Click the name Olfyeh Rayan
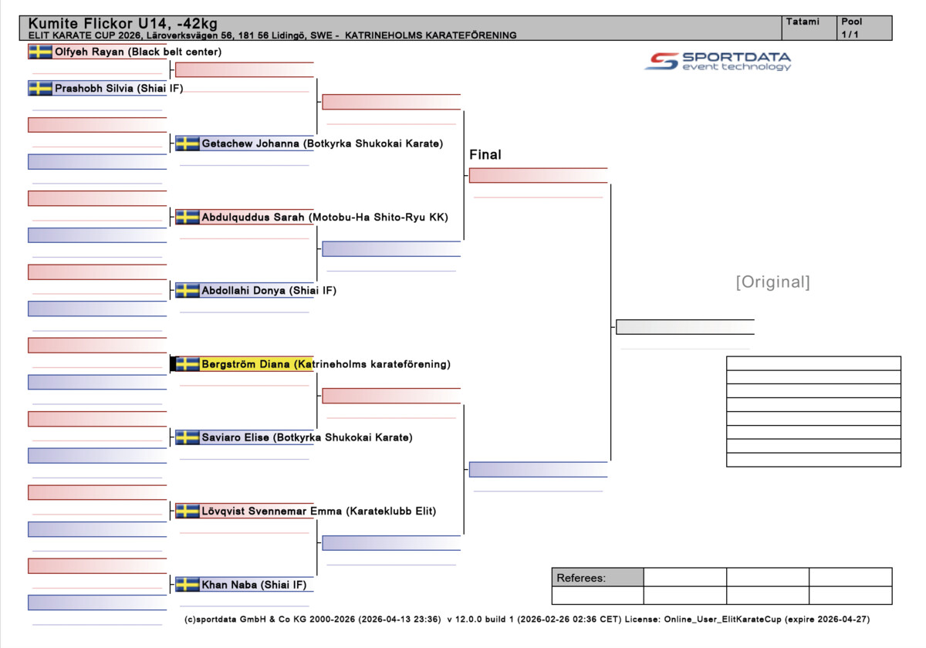[90, 52]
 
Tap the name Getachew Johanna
[250, 143]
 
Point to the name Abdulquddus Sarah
[253, 218]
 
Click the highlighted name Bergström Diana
[246, 364]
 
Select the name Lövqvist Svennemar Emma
[271, 511]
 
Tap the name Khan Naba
[228, 585]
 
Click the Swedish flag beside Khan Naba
[188, 585]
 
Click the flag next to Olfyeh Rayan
[40, 52]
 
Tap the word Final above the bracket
[485, 155]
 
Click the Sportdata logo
[718, 61]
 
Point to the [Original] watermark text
[772, 282]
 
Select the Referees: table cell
[597, 578]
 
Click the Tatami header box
[808, 28]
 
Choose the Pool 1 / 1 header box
[864, 28]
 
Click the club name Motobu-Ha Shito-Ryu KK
[379, 218]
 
